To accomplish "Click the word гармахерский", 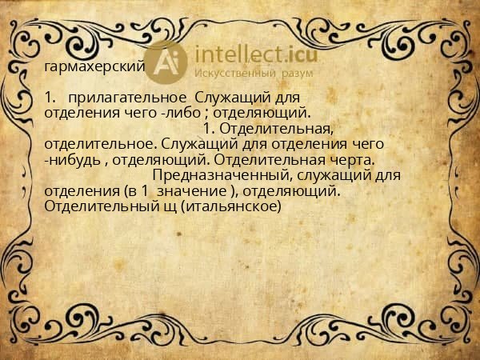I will (95, 66).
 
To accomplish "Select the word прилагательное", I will (128, 98).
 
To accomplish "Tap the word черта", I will (351, 160).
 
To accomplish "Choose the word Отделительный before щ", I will (100, 206).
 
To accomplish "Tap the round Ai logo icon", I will (167, 60).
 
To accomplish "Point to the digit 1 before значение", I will (146, 191).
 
